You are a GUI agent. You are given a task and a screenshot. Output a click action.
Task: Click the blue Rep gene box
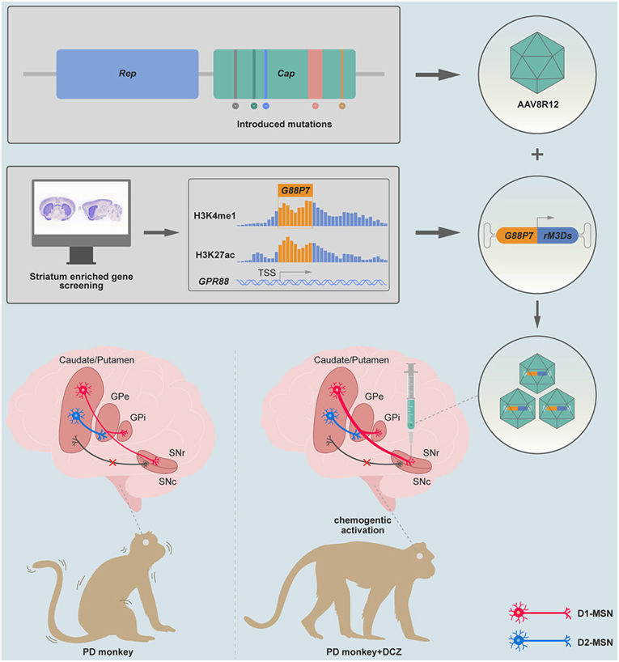(x=127, y=74)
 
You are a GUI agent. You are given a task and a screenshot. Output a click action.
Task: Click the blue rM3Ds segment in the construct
(x=555, y=233)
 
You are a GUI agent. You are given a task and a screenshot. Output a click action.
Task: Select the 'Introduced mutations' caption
(x=284, y=125)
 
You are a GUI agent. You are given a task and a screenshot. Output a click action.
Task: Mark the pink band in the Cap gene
(x=315, y=74)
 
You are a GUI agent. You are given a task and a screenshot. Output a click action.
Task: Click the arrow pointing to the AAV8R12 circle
(x=437, y=76)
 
